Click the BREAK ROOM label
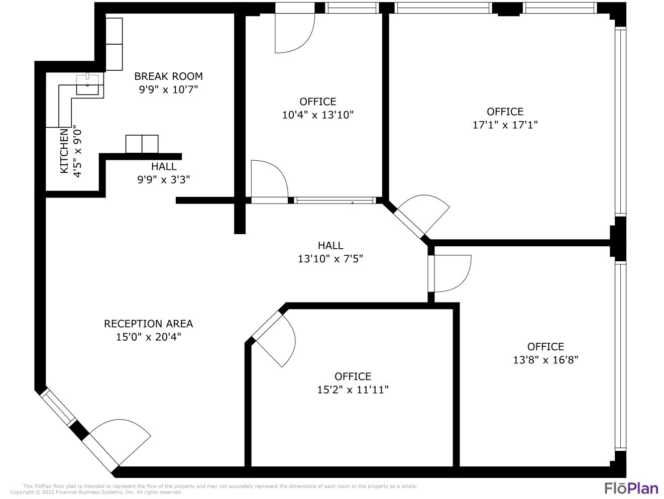click(x=168, y=76)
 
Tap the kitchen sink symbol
click(x=87, y=84)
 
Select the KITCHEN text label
click(x=64, y=151)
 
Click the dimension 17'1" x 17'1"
click(x=505, y=125)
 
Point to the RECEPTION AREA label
click(x=148, y=324)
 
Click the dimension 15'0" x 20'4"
click(x=148, y=337)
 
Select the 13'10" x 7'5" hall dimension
click(x=330, y=259)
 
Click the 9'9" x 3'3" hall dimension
click(x=164, y=179)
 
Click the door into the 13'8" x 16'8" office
click(x=451, y=273)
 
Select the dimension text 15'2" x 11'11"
click(x=353, y=389)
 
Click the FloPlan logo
click(x=630, y=488)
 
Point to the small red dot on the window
click(x=353, y=203)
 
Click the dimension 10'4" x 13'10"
click(x=317, y=115)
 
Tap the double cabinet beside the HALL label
click(x=142, y=144)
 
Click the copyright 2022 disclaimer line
click(x=95, y=492)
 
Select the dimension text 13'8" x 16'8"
click(x=545, y=360)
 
